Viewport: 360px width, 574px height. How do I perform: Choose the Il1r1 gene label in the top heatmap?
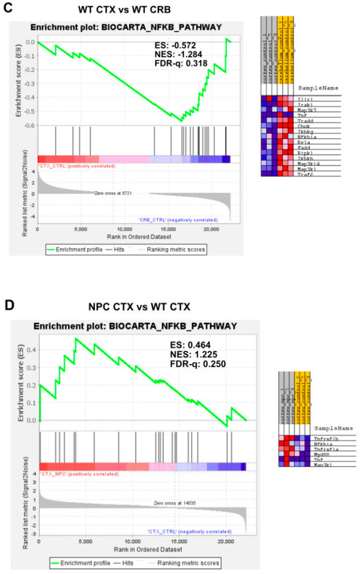coord(306,97)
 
